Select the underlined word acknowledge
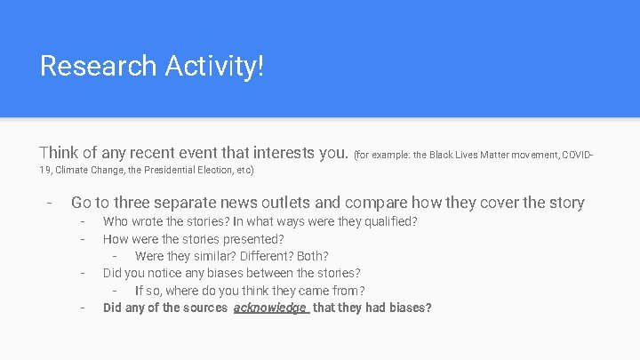pyautogui.click(x=270, y=308)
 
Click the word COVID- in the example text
pyautogui.click(x=578, y=156)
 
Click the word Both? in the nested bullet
pyautogui.click(x=311, y=256)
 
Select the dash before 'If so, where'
pyautogui.click(x=116, y=291)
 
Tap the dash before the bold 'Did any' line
pyautogui.click(x=82, y=308)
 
